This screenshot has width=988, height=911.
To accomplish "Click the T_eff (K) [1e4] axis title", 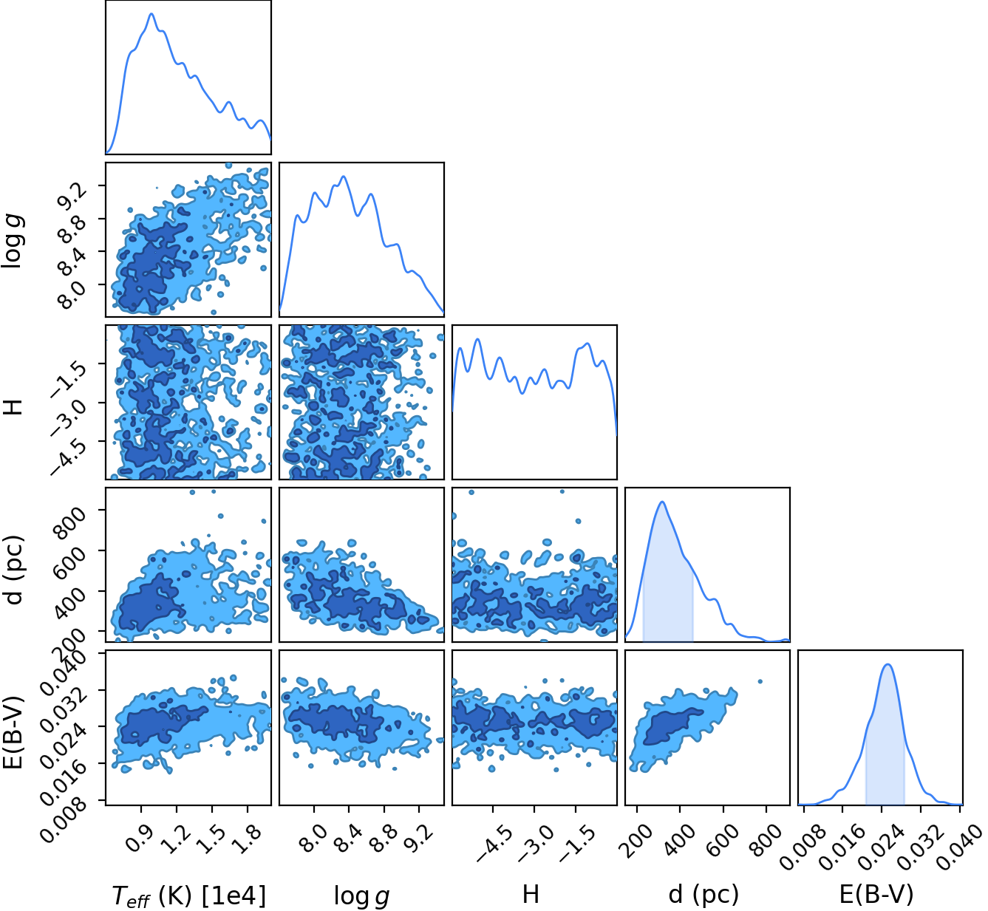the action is pos(189,896).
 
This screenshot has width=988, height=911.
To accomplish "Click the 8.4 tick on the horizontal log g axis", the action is pos(345,838).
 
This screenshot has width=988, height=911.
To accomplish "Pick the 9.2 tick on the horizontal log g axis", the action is pos(415,838).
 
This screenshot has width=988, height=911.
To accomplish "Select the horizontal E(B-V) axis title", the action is pos(876,895).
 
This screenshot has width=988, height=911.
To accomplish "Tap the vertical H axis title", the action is pos(13,402).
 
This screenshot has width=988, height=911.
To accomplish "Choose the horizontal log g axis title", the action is pos(361,896).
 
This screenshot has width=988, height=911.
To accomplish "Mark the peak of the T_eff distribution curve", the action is pos(151,13).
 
